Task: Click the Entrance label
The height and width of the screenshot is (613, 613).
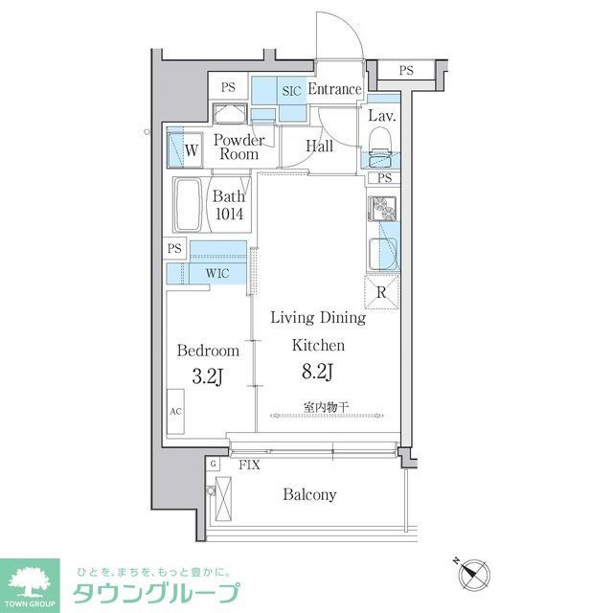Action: click(334, 90)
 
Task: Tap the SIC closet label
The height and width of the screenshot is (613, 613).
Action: click(292, 91)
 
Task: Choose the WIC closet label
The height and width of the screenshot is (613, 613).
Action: click(218, 273)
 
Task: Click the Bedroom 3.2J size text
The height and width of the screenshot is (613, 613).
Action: click(206, 377)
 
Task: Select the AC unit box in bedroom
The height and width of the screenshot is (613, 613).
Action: click(175, 413)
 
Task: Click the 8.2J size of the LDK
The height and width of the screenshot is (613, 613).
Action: click(318, 372)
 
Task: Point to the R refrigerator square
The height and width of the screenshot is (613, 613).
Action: click(381, 293)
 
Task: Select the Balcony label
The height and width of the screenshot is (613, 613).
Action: click(308, 495)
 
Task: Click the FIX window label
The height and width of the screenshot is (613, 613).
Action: click(249, 465)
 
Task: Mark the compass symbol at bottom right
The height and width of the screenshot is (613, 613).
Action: click(471, 574)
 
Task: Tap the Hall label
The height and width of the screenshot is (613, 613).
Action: click(319, 147)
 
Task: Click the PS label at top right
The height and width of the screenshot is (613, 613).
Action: click(406, 70)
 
